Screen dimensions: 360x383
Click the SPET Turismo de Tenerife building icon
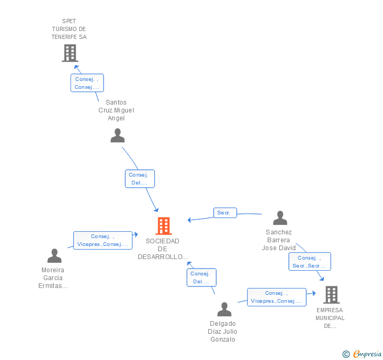click(x=69, y=53)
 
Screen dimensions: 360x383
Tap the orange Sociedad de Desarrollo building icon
click(x=164, y=226)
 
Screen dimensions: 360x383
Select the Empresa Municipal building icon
click(x=331, y=295)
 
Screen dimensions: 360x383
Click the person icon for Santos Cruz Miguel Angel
click(x=117, y=136)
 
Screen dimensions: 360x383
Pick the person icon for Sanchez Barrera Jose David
click(x=280, y=218)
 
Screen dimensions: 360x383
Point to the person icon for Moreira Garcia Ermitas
click(x=54, y=256)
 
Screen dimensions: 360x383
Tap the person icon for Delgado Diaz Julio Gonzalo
click(x=224, y=310)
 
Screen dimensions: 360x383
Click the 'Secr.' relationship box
click(x=225, y=213)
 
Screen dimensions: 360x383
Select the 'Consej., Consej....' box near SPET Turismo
click(x=87, y=83)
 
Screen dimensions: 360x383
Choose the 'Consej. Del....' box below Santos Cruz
click(x=139, y=179)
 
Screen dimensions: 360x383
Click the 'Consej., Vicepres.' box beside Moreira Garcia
click(x=103, y=240)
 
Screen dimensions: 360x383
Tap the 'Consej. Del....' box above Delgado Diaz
click(x=201, y=277)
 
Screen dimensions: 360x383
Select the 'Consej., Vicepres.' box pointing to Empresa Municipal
click(x=276, y=297)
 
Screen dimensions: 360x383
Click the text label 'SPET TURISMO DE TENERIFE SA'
click(x=69, y=29)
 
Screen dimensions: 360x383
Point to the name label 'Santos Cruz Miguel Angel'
click(x=116, y=110)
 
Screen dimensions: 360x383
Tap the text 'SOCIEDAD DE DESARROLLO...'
click(x=163, y=249)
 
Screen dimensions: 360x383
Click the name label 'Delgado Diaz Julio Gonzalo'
click(x=223, y=331)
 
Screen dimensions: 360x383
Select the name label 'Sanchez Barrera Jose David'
click(x=279, y=240)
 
